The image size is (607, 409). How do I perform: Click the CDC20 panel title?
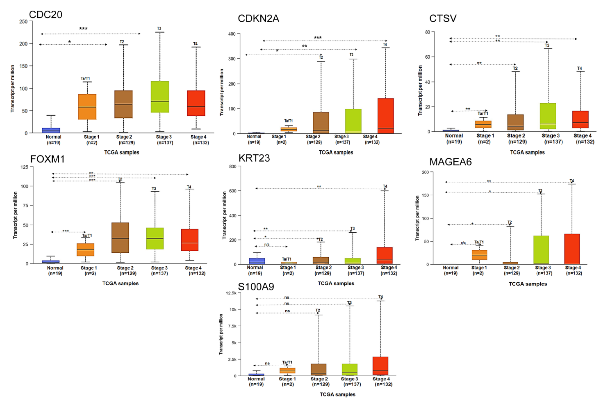[x=46, y=15]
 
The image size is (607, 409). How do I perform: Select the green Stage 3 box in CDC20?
[x=160, y=97]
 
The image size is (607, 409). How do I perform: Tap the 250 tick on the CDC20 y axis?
[x=23, y=21]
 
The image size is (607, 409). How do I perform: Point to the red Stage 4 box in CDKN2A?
[x=385, y=116]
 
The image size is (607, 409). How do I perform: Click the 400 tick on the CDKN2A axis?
[x=232, y=34]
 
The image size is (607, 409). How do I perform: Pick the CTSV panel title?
[x=443, y=18]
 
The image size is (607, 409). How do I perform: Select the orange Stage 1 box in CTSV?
[x=483, y=124]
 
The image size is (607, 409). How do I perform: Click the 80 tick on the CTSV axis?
[x=427, y=32]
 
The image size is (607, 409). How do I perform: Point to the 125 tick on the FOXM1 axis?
[x=24, y=167]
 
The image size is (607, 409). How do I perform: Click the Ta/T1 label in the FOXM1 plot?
[x=87, y=235]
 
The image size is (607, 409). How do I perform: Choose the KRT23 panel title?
[x=254, y=158]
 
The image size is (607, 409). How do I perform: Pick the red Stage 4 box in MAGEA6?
[x=572, y=249]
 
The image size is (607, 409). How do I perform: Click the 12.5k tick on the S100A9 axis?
[x=231, y=293]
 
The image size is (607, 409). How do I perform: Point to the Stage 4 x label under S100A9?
[x=381, y=379]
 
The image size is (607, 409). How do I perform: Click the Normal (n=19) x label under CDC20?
[x=53, y=140]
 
